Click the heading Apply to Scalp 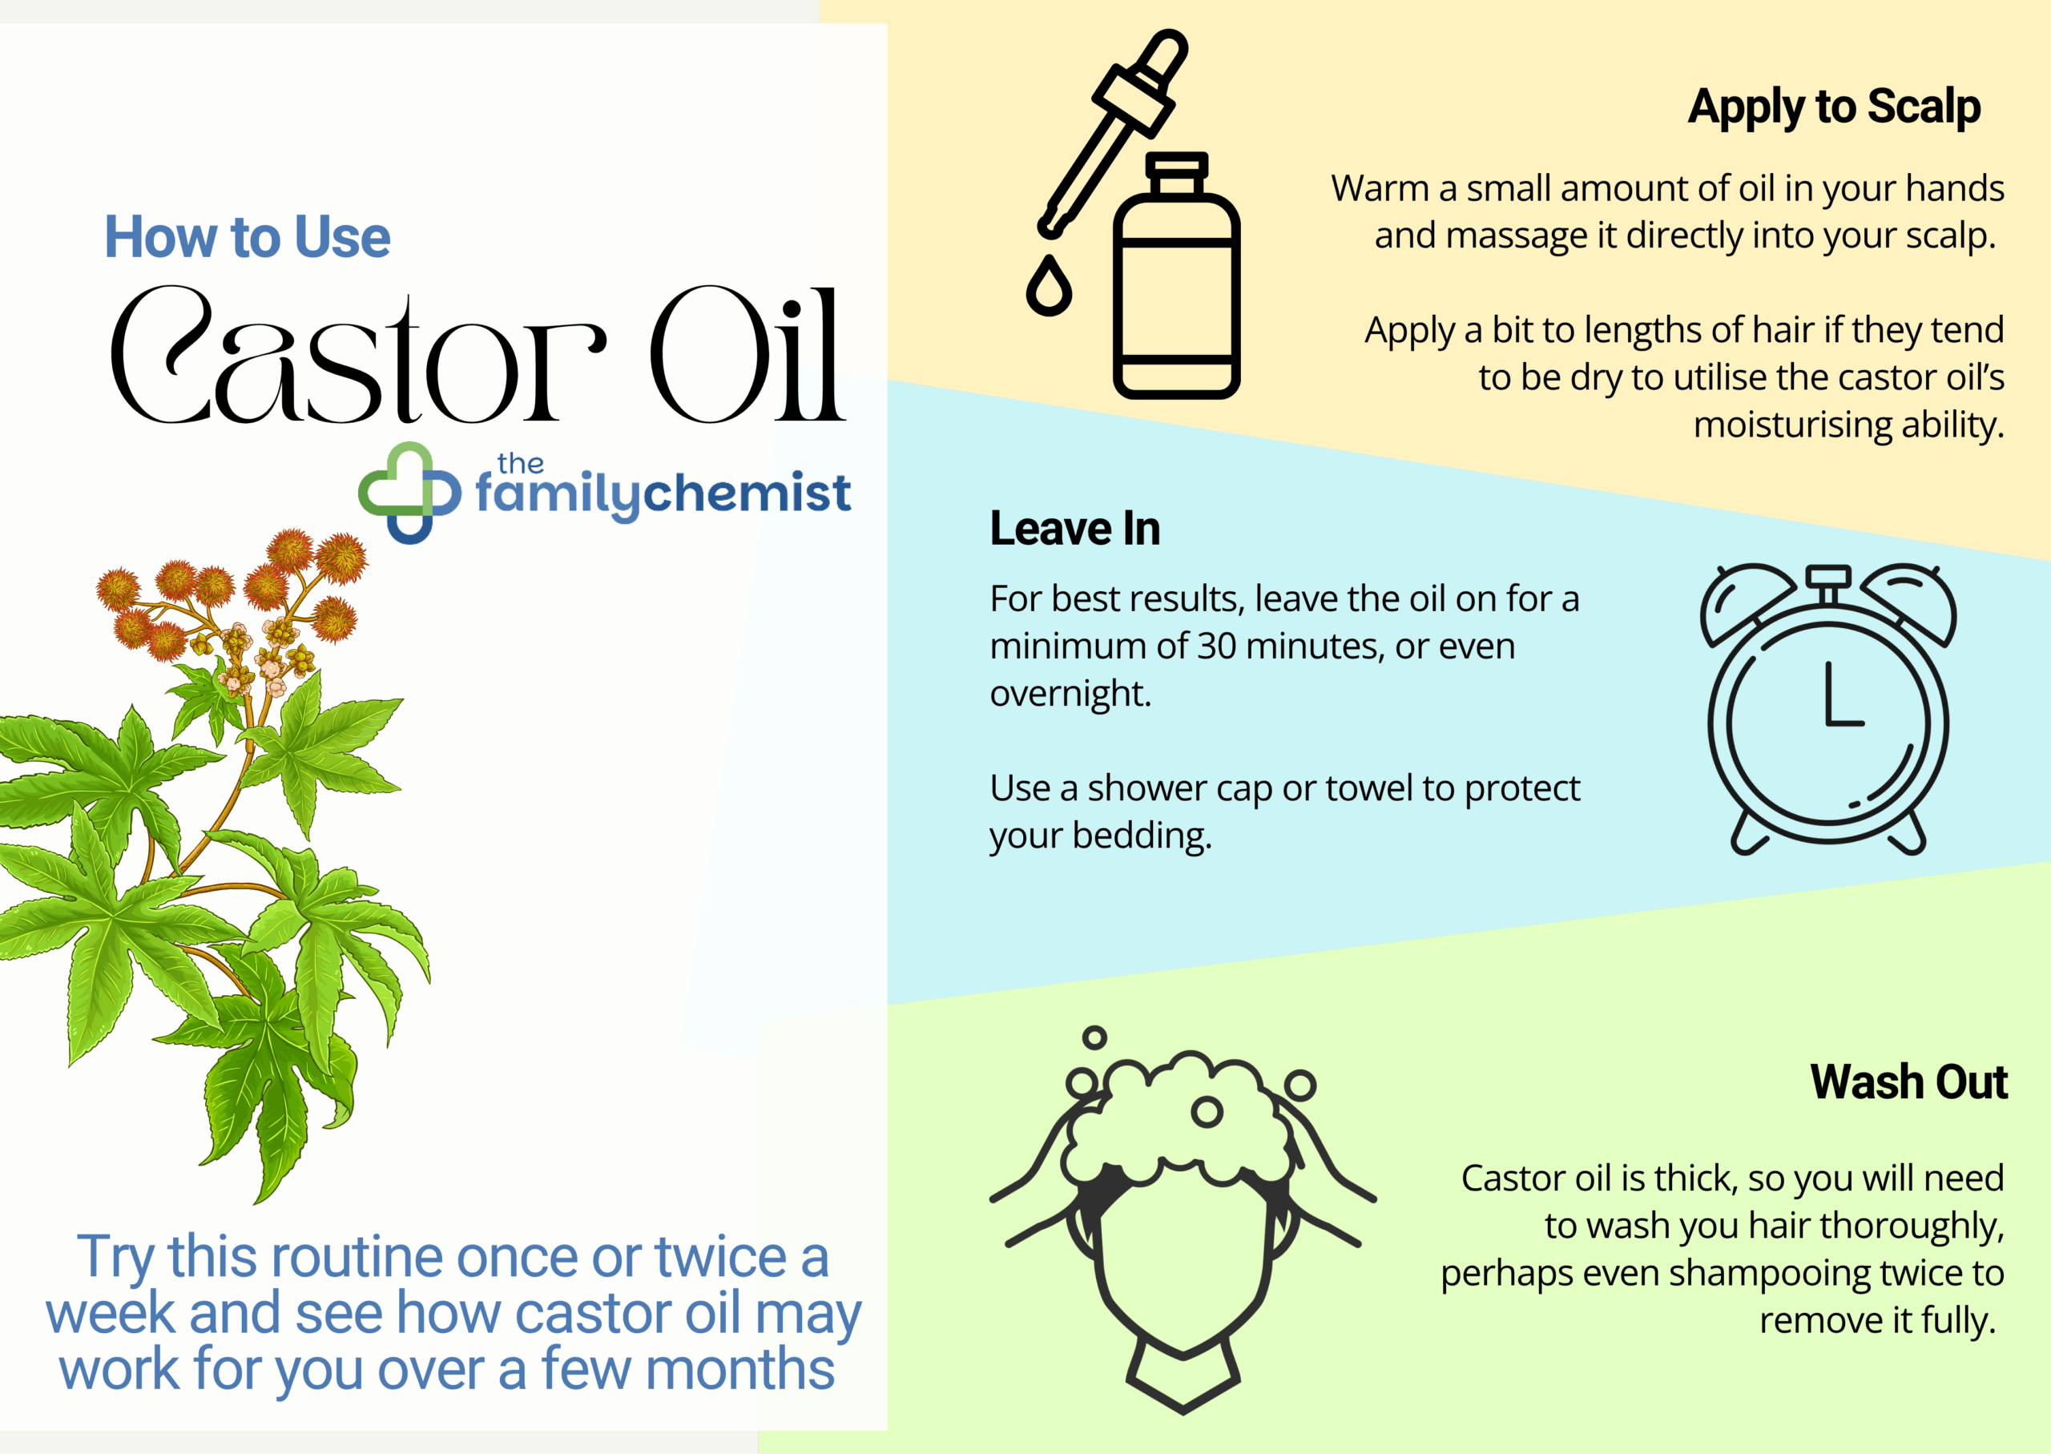click(x=1833, y=107)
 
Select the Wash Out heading click(x=1908, y=1081)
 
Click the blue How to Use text click(x=247, y=237)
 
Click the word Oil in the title click(x=746, y=356)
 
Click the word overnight click(x=1069, y=694)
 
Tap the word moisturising click(x=1791, y=425)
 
